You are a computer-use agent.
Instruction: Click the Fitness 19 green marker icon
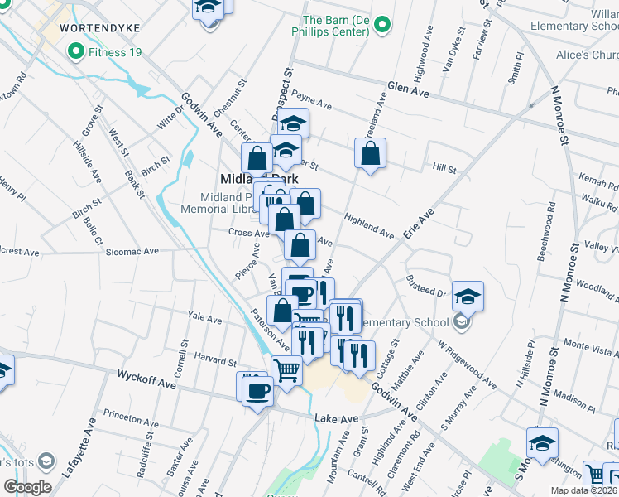(76, 53)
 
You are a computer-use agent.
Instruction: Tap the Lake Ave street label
(336, 419)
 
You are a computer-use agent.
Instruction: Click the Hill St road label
(444, 168)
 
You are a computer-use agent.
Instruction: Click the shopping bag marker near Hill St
(370, 153)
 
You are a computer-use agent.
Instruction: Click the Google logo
(28, 487)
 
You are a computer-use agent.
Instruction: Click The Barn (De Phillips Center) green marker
(381, 26)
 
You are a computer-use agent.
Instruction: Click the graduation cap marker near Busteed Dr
(468, 296)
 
